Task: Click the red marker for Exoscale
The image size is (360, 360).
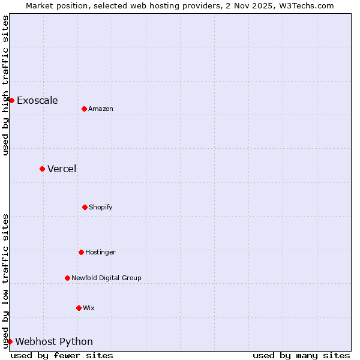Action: (11, 100)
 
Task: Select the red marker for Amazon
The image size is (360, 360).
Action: (84, 109)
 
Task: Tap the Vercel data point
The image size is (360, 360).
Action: (42, 169)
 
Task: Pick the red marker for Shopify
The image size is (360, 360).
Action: (85, 207)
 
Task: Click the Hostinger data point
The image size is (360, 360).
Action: (81, 252)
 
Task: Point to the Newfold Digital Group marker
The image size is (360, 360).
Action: (67, 278)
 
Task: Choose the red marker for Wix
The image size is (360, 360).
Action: (79, 308)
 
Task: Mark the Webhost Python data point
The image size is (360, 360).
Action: (10, 341)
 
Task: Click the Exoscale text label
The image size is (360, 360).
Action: (37, 100)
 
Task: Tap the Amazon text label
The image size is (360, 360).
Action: (101, 109)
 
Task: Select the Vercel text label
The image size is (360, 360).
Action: (62, 169)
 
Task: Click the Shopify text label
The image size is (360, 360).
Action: (101, 207)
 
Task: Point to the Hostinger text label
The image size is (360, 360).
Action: (100, 252)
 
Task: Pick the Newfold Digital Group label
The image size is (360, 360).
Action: (106, 278)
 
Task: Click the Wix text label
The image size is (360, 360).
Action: (89, 308)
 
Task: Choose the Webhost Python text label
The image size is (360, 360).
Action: (54, 341)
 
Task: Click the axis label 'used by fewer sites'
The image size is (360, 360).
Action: (62, 355)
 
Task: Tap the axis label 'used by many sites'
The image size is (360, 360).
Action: (301, 355)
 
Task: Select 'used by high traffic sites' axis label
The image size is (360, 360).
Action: (5, 85)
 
